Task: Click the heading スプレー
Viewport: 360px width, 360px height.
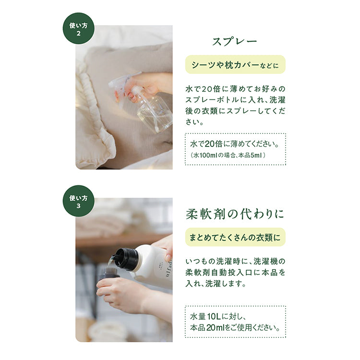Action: (x=235, y=42)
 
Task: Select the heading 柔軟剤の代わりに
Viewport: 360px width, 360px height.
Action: (x=235, y=214)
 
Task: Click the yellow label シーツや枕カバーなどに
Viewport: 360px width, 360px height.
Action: (x=235, y=64)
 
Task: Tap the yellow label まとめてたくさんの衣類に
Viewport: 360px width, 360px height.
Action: (x=235, y=237)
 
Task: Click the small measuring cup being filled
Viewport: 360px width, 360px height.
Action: (x=110, y=273)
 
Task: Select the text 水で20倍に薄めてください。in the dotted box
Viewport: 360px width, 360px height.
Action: (x=235, y=144)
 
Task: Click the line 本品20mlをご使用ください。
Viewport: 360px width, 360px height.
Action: (x=235, y=328)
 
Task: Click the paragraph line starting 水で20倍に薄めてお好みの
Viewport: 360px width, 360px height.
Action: (x=235, y=89)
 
